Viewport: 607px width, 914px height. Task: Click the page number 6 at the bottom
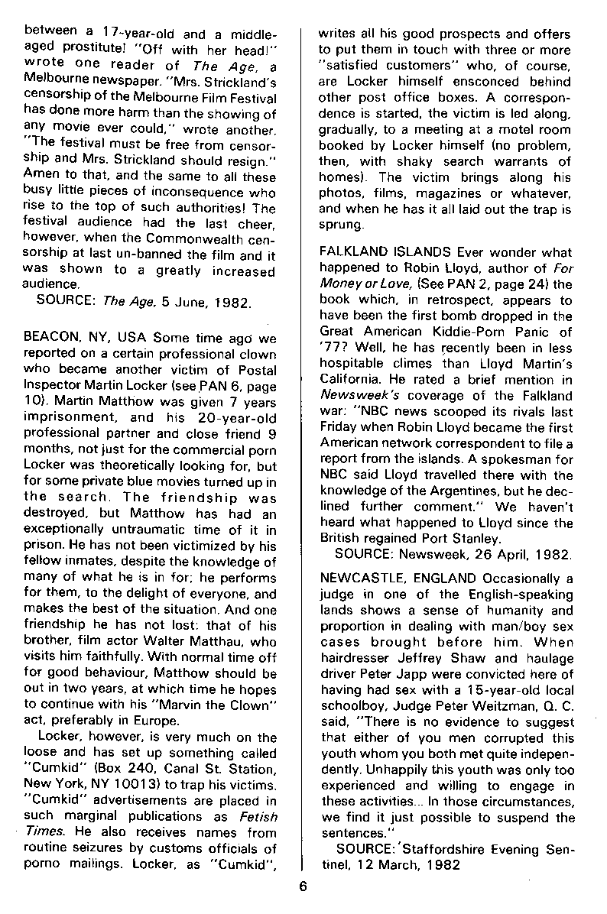tap(303, 886)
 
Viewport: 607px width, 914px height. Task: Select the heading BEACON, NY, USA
tap(86, 338)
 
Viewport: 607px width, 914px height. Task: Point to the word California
tap(355, 381)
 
